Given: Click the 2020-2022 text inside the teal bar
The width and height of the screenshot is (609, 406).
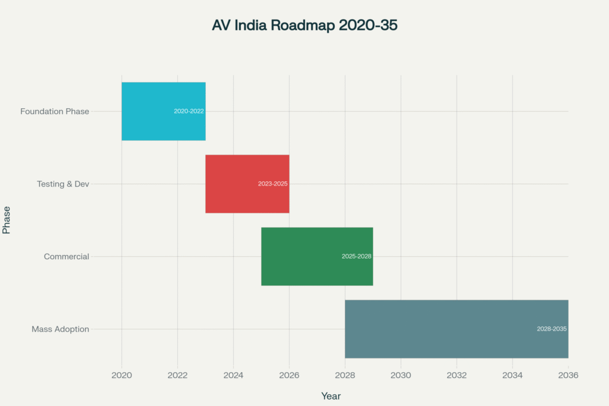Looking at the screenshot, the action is tap(189, 111).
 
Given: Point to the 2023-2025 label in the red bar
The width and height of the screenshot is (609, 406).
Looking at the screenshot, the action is tap(273, 184).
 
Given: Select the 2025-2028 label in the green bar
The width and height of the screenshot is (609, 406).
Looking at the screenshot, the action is tap(357, 256).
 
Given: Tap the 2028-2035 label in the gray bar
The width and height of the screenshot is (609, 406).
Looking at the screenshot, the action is tap(552, 329).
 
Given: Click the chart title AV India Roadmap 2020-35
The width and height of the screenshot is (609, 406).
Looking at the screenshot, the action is tap(304, 26).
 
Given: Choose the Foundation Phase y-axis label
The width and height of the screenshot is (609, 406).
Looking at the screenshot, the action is tap(55, 111).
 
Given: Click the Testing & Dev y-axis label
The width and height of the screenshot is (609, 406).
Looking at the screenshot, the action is tap(63, 184).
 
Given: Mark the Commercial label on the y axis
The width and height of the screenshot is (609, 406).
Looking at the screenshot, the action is tap(67, 256).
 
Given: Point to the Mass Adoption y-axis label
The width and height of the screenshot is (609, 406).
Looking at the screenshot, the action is tap(60, 329).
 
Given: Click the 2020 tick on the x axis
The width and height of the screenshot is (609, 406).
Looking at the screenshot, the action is tap(122, 376).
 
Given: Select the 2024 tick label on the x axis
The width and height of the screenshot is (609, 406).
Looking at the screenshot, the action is tap(234, 376).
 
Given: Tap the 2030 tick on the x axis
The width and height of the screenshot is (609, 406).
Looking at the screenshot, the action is tap(401, 376).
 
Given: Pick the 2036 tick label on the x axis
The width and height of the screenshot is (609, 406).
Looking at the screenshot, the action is tap(568, 376).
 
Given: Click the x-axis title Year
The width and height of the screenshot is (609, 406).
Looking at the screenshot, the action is tap(331, 396).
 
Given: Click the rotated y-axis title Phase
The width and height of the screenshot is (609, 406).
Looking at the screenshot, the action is tap(7, 220).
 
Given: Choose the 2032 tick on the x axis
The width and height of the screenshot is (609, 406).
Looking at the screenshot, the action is tap(457, 376).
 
